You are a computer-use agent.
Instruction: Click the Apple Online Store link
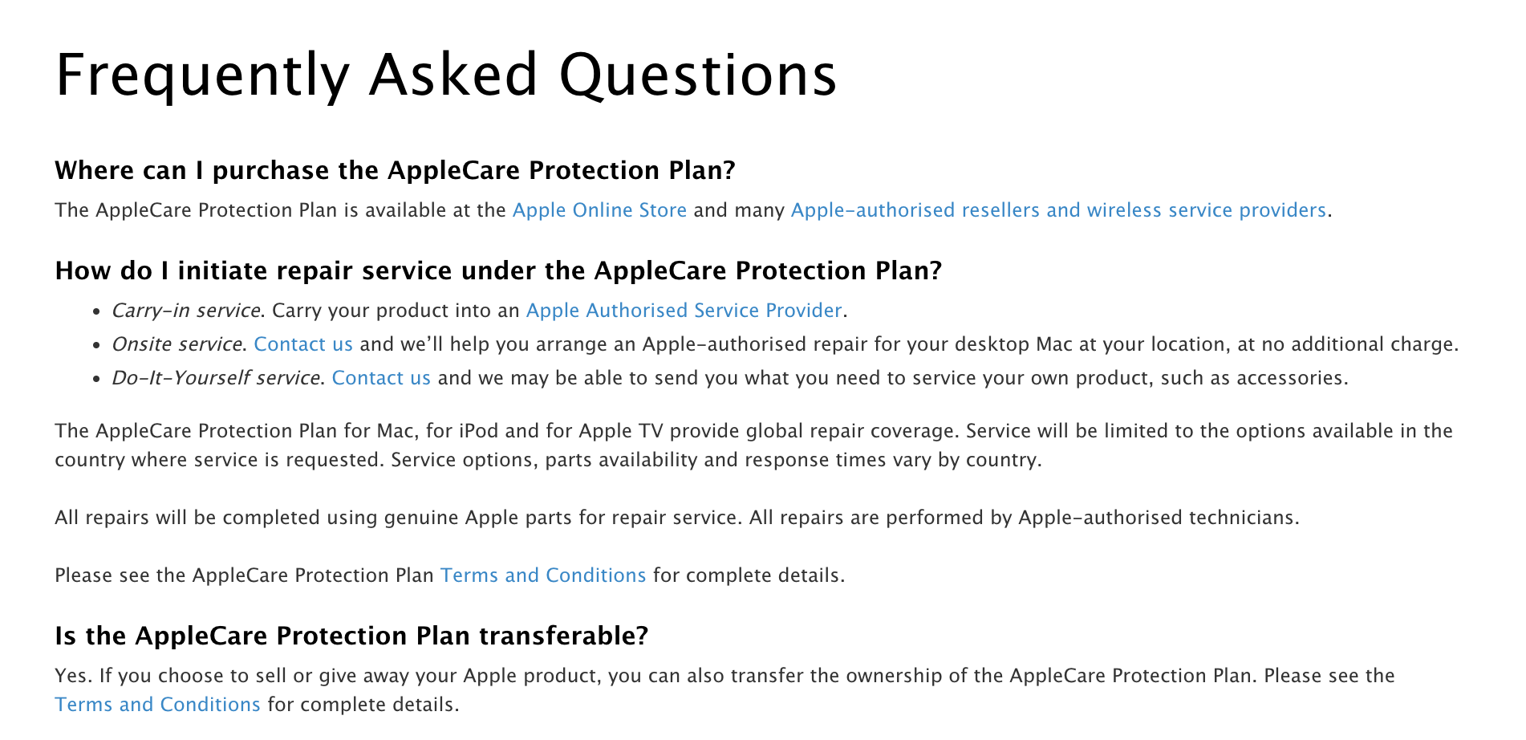[599, 210]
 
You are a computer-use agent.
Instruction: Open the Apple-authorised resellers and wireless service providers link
[1058, 210]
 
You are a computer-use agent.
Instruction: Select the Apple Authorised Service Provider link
[684, 311]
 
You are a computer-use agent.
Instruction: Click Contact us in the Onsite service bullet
[303, 344]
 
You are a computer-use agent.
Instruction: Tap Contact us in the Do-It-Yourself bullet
[381, 378]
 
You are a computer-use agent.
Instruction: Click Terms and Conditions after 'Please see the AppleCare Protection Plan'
[543, 575]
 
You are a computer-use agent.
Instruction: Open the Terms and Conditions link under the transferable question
[157, 705]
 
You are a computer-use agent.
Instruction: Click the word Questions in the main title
[698, 75]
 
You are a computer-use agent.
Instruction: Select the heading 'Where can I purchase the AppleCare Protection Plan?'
[395, 170]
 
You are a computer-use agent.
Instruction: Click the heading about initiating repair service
[498, 270]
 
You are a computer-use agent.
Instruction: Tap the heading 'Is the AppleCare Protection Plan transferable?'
[351, 636]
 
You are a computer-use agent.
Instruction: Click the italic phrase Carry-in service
[186, 311]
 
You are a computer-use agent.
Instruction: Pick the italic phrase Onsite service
[177, 344]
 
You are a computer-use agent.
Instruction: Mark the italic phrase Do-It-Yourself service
[216, 378]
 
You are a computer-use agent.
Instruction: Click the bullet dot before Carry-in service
[96, 311]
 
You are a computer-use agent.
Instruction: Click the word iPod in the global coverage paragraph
[478, 431]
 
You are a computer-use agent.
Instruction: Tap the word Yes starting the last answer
[71, 676]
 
